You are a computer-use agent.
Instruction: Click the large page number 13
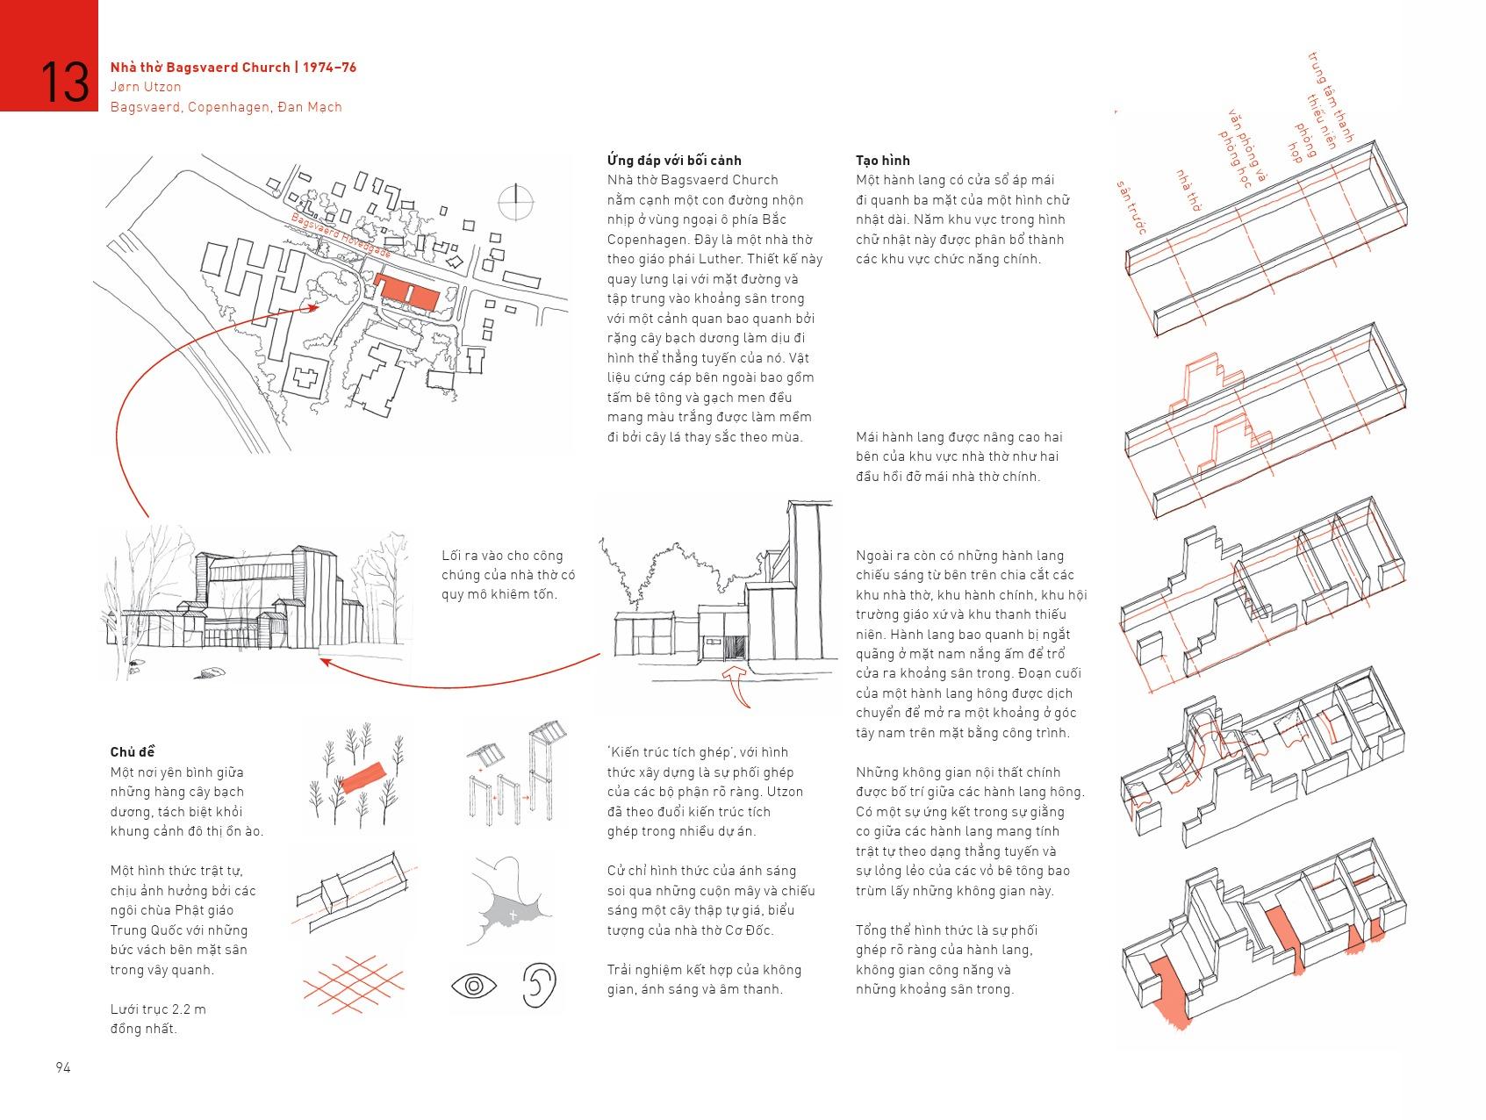point(64,82)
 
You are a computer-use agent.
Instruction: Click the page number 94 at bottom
point(63,1067)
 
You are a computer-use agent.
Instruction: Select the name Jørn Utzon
point(146,87)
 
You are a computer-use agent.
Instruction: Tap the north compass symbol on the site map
point(515,203)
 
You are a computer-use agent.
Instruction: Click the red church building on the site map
point(406,291)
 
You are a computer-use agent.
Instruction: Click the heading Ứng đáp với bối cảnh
point(673,160)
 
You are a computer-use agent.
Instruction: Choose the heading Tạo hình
point(882,160)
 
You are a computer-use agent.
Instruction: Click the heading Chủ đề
point(133,752)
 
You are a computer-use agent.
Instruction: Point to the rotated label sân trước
point(1131,207)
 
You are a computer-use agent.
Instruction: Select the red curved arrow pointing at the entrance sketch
point(739,688)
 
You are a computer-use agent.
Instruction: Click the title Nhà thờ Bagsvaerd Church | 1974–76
point(233,67)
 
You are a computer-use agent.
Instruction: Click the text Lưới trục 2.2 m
point(158,1009)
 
